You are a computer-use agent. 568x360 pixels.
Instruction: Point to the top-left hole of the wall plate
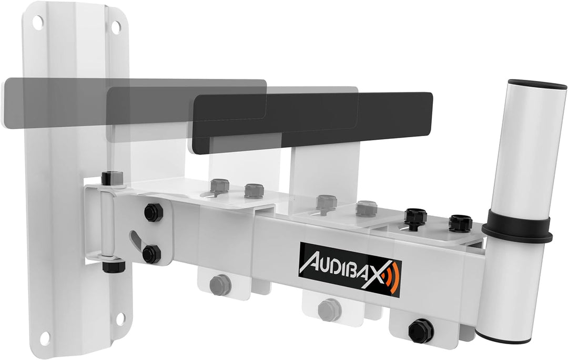pos(38,22)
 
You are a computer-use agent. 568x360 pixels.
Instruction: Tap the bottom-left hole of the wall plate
pos(45,335)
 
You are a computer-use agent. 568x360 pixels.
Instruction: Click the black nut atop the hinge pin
pos(112,177)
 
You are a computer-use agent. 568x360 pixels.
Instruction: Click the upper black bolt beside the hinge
pos(152,212)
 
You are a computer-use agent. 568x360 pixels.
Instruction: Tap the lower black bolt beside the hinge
pos(152,253)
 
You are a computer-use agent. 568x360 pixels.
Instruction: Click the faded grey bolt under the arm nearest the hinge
pos(220,284)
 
